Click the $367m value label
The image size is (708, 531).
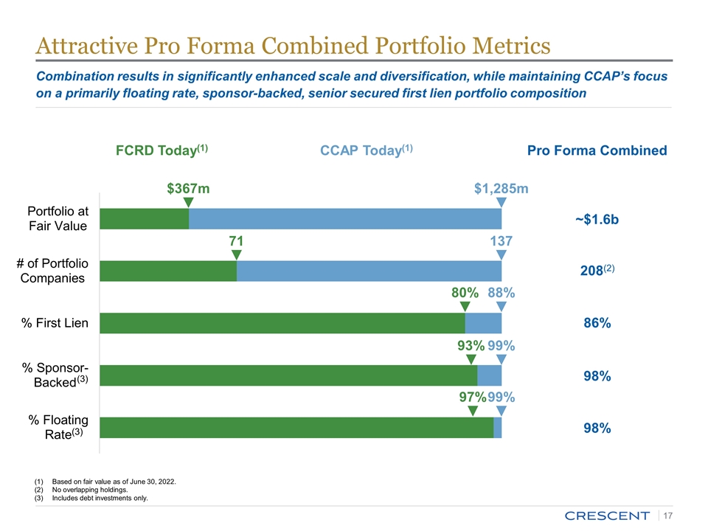[x=188, y=189]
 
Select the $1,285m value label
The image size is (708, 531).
[x=501, y=189]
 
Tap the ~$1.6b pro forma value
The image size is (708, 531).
[x=596, y=220]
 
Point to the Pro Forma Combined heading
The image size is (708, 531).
[x=597, y=150]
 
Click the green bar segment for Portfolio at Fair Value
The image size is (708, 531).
[x=145, y=219]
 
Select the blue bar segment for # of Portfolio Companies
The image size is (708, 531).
[x=369, y=271]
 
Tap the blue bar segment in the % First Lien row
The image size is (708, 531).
[x=483, y=323]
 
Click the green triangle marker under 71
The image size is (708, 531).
[x=237, y=254]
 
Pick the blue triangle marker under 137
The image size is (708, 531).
[x=502, y=254]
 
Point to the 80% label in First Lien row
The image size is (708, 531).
[x=465, y=294]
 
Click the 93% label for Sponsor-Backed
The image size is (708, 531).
[x=471, y=346]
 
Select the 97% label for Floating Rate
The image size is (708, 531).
[x=472, y=398]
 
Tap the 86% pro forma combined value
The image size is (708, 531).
[x=596, y=323]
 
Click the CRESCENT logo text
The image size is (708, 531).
[x=607, y=515]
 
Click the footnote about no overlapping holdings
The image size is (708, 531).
[x=95, y=490]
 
